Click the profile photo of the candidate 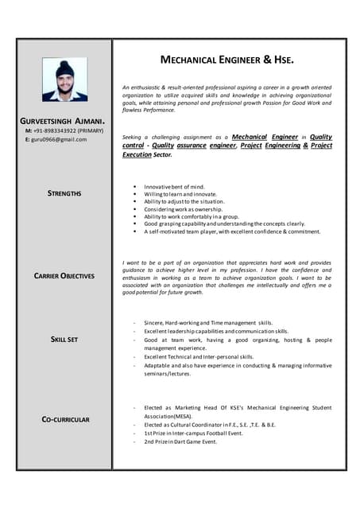point(66,80)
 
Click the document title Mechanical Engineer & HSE point(227,60)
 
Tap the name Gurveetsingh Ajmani point(63,120)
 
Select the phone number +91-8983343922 point(58,130)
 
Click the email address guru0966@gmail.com point(59,139)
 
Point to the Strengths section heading point(64,193)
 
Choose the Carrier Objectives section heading point(64,276)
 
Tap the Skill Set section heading point(64,340)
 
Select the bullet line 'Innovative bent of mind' point(174,186)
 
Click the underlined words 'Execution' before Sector point(137,154)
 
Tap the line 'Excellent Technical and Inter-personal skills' point(199,357)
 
